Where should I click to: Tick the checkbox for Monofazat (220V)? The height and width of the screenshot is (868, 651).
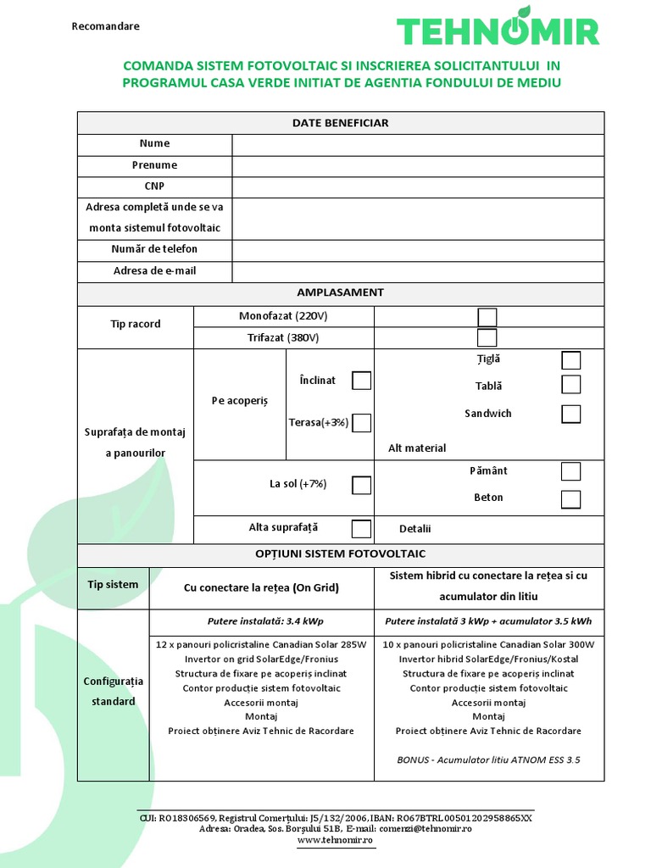487,317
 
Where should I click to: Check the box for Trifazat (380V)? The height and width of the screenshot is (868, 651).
487,337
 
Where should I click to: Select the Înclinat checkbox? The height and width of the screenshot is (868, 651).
362,381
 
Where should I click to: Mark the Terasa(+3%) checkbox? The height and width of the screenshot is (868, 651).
362,422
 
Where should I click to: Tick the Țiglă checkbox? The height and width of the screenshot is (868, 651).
571,360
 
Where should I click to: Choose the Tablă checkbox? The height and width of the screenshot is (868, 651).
571,385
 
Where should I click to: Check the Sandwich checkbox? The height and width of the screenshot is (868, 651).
571,414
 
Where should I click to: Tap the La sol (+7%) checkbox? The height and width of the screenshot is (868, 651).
362,485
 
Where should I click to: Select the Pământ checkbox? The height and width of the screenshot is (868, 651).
571,471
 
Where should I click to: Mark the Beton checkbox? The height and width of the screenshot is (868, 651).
571,498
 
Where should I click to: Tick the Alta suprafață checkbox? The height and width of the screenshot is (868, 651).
362,528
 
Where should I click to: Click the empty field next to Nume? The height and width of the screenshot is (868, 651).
418,144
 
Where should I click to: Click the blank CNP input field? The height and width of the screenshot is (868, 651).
418,186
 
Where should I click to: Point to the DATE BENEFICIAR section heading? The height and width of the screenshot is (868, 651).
340,123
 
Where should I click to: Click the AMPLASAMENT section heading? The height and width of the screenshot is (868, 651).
340,292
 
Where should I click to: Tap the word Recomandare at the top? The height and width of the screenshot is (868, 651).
106,26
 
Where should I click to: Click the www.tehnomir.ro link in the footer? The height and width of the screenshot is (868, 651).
335,839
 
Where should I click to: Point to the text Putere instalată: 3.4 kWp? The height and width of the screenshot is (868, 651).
261,620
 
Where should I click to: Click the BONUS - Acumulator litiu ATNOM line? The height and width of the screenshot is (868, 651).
488,759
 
